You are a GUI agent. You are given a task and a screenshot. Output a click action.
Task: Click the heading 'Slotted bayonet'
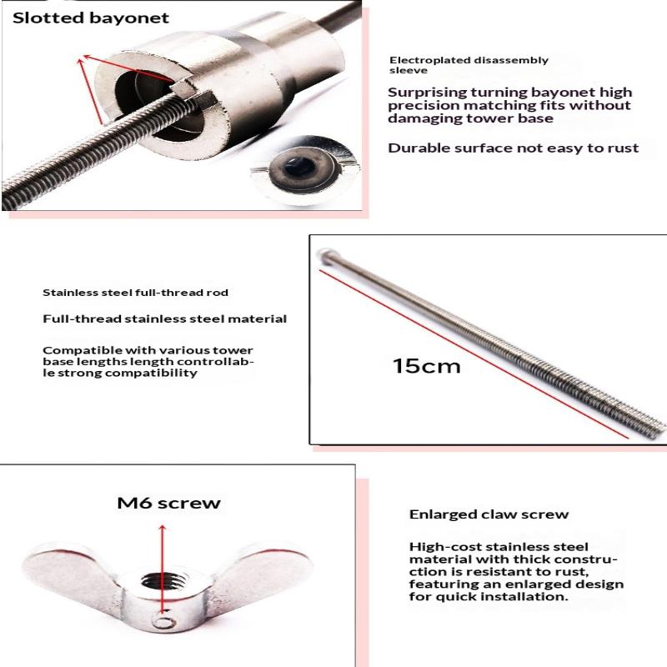tap(91, 18)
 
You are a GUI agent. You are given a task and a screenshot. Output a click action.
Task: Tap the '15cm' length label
tap(426, 366)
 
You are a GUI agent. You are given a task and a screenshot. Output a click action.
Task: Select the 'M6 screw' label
tap(168, 503)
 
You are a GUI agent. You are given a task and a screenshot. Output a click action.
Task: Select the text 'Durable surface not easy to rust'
tap(513, 148)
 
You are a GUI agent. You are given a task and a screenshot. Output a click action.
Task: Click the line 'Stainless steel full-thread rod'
tap(135, 293)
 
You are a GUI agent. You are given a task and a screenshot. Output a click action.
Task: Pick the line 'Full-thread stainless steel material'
tap(164, 318)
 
